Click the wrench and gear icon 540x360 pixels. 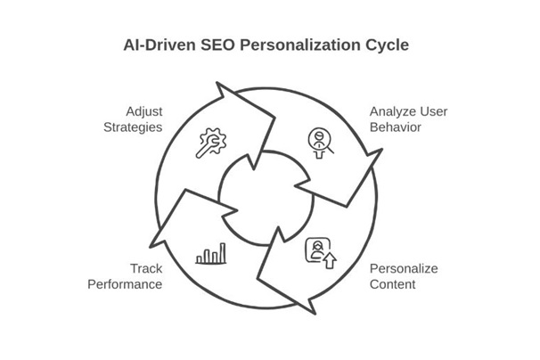click(x=211, y=143)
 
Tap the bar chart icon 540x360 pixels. click(x=211, y=256)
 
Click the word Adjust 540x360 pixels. click(x=142, y=110)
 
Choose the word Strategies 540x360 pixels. click(x=132, y=127)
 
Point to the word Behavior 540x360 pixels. click(x=396, y=127)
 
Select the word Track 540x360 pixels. click(x=146, y=268)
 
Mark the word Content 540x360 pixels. click(x=393, y=284)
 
